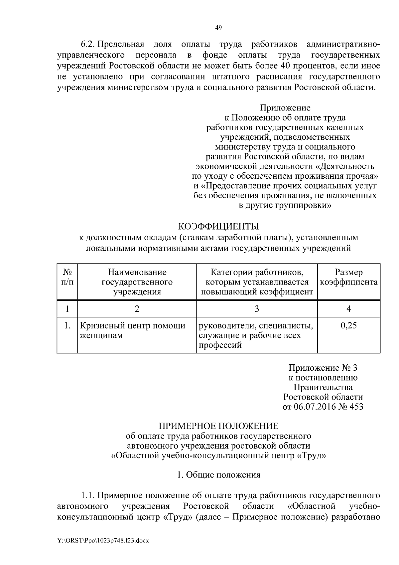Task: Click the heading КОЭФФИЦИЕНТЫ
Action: coord(218,227)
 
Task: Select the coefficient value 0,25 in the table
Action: coord(348,325)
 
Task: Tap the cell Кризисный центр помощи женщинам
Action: coord(132,330)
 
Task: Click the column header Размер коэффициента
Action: coord(348,277)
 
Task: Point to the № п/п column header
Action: coord(67,277)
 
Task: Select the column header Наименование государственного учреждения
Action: coord(137,282)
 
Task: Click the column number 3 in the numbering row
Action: coord(257,309)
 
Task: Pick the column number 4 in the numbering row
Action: coord(348,309)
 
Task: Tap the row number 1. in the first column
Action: coord(67,325)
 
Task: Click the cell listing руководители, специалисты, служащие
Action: coord(256,335)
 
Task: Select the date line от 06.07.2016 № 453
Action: coord(323,407)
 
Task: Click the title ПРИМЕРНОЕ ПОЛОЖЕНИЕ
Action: coord(218,426)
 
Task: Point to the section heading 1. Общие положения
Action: coord(218,475)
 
